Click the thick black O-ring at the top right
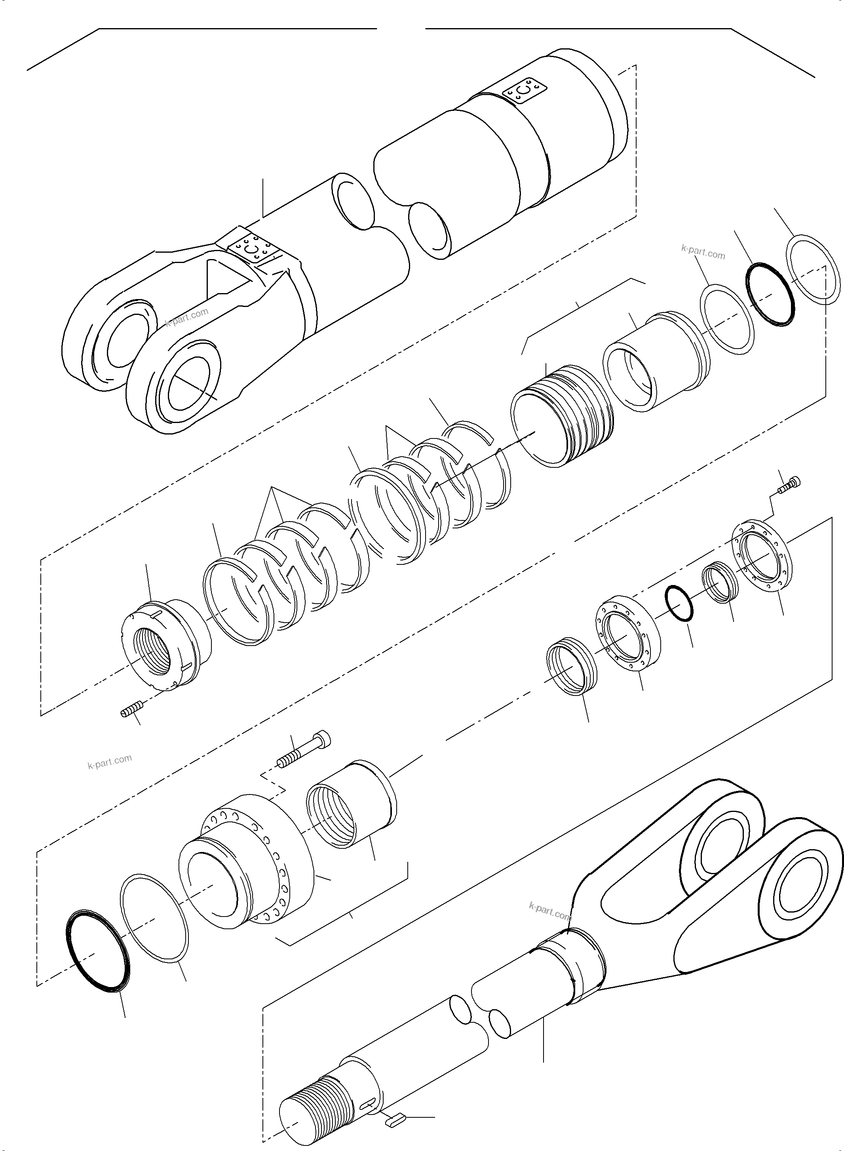pos(770,293)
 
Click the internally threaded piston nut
pos(162,644)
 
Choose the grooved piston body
pos(562,414)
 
